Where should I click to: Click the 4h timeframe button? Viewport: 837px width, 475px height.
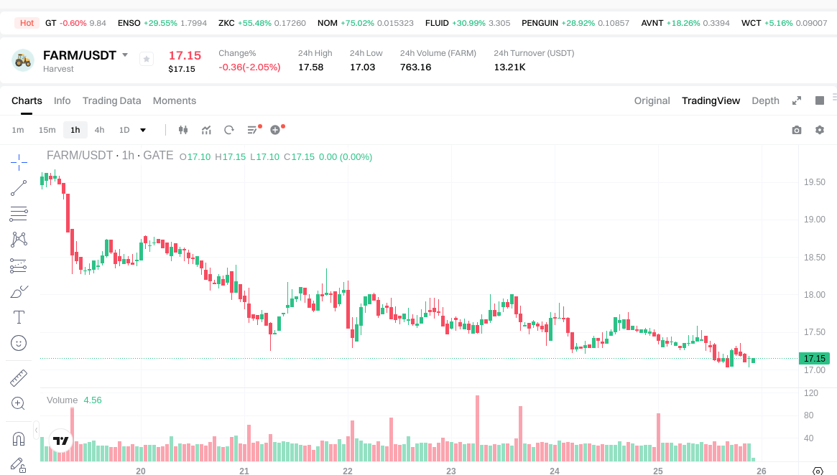99,130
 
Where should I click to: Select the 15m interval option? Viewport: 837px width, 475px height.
47,130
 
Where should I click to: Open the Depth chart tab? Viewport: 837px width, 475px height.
765,100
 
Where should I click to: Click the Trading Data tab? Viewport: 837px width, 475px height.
111,100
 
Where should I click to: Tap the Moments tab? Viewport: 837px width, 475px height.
175,100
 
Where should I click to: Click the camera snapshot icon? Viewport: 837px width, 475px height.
797,130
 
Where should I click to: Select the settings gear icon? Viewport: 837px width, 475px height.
820,130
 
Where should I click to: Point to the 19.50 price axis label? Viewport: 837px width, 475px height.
814,182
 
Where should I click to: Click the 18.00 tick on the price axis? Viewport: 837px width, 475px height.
814,295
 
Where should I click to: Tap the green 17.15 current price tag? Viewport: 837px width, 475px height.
814,358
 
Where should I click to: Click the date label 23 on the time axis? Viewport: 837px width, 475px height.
451,471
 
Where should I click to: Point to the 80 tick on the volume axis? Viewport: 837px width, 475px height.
809,415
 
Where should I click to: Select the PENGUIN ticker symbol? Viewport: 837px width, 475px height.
540,23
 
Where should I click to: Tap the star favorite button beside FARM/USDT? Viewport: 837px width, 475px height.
147,59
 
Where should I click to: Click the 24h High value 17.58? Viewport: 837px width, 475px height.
310,67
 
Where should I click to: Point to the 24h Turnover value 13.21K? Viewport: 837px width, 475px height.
509,67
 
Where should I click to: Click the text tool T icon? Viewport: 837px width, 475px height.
19,317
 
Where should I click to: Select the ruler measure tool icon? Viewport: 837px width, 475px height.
19,377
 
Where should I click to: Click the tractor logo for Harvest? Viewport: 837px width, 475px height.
23,60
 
